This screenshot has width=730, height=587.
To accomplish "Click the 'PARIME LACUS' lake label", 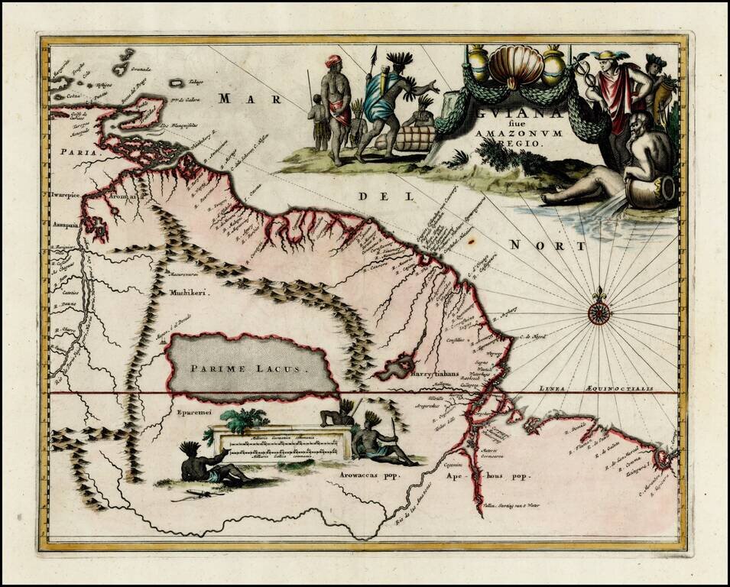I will pyautogui.click(x=248, y=368).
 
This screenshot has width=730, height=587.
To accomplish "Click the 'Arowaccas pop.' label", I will pyautogui.click(x=370, y=475).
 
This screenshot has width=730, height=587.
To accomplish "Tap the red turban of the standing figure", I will pyautogui.click(x=333, y=60).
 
